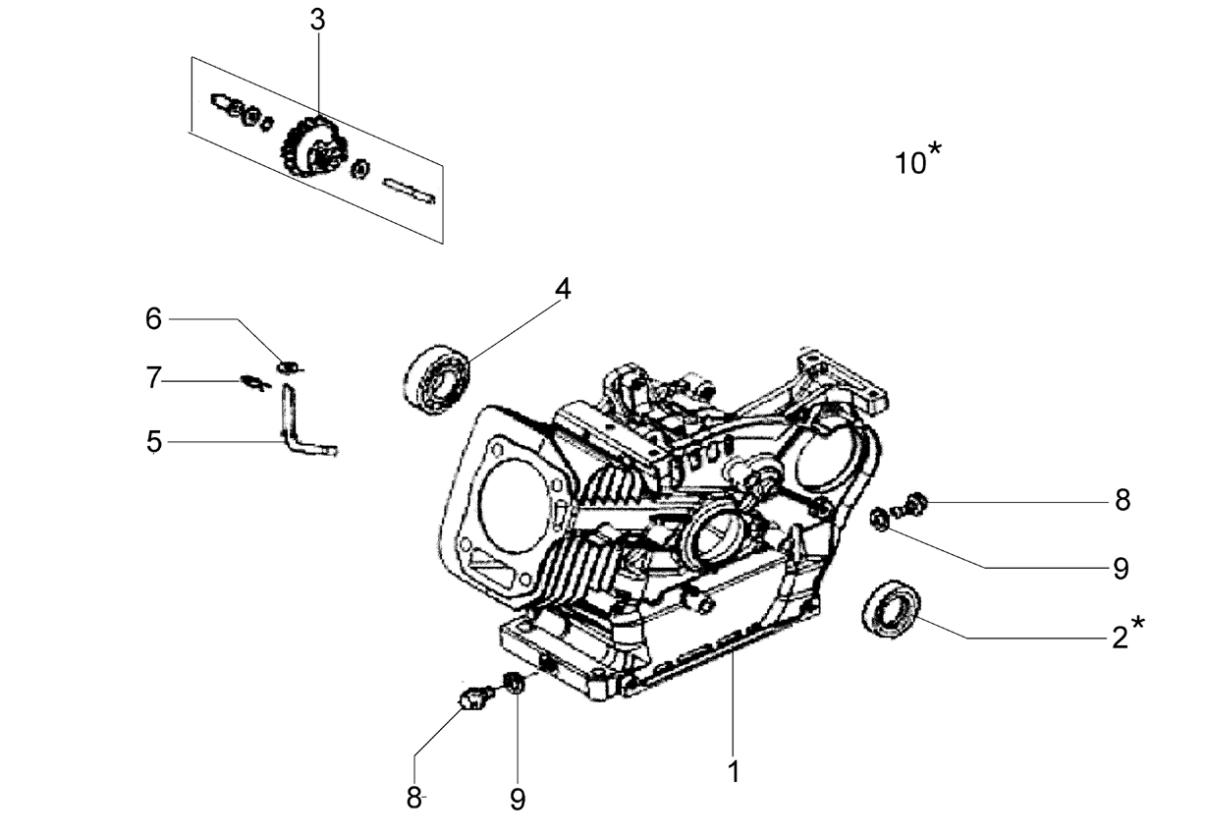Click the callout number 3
coord(317,21)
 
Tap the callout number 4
coord(563,289)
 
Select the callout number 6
coord(153,318)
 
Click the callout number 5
coord(154,442)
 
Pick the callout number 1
coord(734,772)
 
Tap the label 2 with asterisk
coord(1128,634)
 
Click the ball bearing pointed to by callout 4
coord(436,379)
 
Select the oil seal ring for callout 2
coord(891,609)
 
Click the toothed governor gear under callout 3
coord(315,146)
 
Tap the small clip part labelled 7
coord(254,382)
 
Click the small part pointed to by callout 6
coord(290,366)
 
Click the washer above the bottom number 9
coord(515,683)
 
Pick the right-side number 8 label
coord(1123,500)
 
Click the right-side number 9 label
coord(1121,569)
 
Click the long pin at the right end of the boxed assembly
coord(409,192)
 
